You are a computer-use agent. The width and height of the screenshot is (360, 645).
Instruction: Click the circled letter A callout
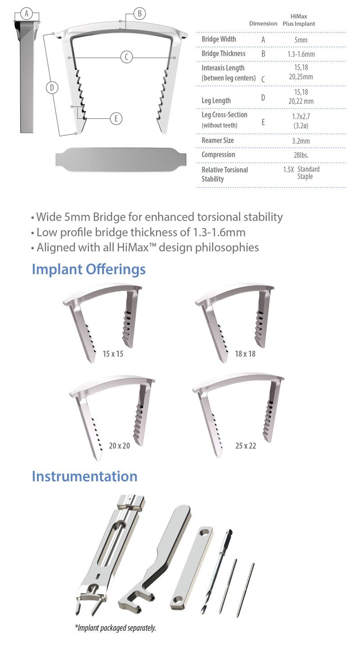coord(27,13)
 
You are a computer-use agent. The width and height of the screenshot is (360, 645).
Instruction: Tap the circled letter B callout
coord(139,13)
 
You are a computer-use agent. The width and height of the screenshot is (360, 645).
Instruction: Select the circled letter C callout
coord(126,57)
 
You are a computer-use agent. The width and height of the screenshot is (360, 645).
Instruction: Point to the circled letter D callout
coord(52,88)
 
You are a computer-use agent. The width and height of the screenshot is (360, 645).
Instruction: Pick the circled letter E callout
coord(116,119)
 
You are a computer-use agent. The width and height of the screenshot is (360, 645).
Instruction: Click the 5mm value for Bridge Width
coord(301,40)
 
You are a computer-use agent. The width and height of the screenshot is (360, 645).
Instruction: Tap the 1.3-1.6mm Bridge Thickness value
coord(301,54)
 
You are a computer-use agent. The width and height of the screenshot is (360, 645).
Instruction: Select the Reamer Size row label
coord(218,140)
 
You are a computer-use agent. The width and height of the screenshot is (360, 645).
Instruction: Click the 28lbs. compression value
coord(301,155)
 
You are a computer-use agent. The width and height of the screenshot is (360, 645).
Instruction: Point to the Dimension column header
coord(263,23)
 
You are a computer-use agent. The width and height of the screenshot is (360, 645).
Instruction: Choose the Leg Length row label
coord(216,100)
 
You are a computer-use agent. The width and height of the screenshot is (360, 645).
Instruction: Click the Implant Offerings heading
coord(89,269)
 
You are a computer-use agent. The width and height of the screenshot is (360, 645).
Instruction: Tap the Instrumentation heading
coord(85,476)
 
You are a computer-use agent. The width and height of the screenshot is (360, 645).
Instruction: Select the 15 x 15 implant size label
coord(113,354)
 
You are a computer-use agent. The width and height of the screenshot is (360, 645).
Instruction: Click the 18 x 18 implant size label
coord(245,354)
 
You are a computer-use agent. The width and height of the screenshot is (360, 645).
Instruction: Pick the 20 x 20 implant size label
coord(119,446)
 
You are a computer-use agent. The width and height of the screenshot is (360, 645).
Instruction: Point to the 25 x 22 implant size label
coord(246,446)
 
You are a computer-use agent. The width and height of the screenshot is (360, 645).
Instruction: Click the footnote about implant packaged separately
coord(115,628)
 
